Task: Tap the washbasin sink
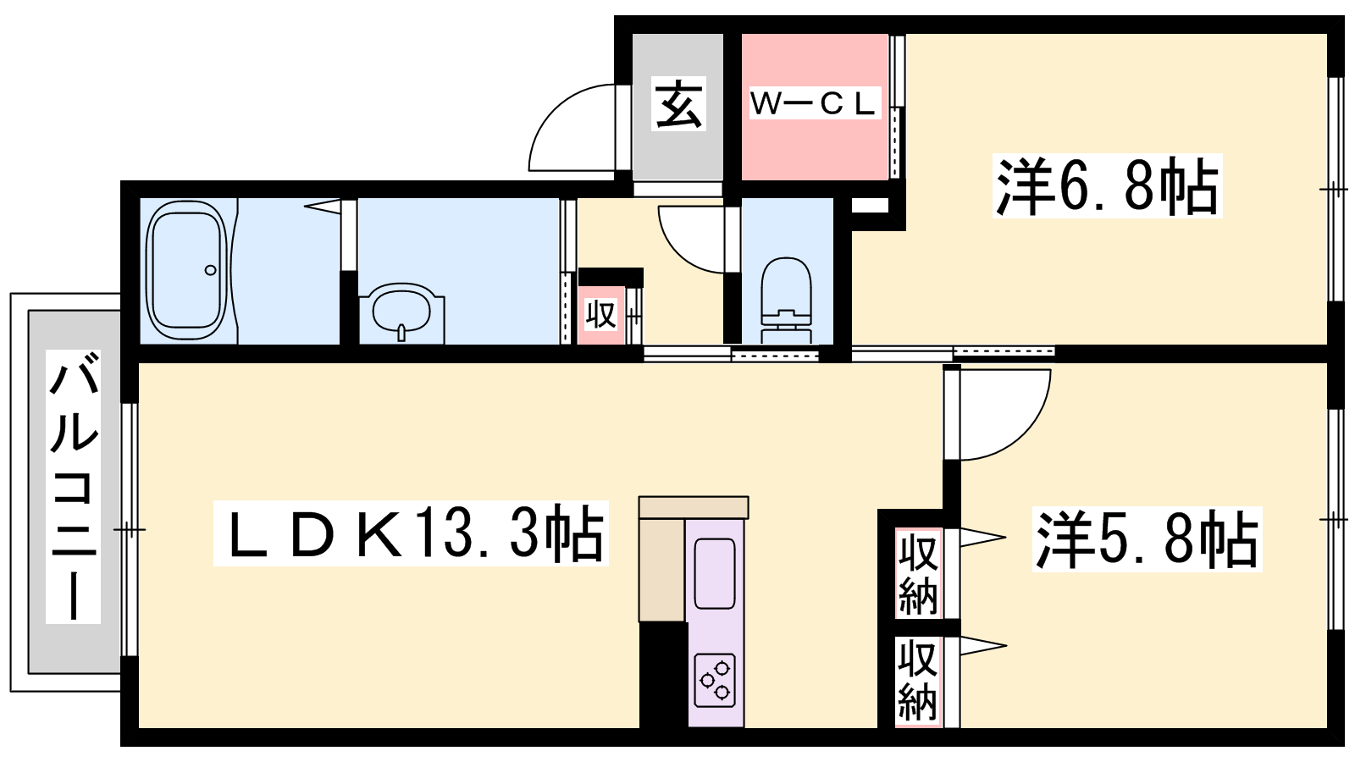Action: point(401,311)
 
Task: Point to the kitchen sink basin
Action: point(715,573)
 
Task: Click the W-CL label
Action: point(812,103)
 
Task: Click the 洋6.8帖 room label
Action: point(1107,185)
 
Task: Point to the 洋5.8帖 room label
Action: point(1147,539)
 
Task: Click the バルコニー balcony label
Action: point(73,486)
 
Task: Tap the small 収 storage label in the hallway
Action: point(600,315)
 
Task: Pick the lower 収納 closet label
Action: point(918,681)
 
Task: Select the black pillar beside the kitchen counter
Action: point(664,675)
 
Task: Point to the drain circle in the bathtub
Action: point(211,270)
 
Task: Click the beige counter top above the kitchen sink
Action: point(694,507)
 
